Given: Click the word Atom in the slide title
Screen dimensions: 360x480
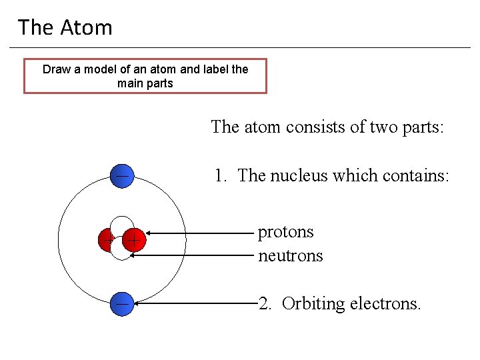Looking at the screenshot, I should tap(87, 27).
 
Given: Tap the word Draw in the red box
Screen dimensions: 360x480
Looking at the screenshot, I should tap(56, 69).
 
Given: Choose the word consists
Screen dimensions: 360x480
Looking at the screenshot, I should tap(311, 127).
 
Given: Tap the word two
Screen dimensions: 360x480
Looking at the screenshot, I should tap(367, 127).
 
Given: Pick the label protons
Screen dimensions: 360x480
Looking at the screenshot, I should tap(285, 232).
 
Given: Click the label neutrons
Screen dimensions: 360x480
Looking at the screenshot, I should tap(290, 255).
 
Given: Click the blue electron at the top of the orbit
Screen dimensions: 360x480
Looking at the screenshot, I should tap(122, 176).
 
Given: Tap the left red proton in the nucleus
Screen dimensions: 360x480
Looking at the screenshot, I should tap(105, 240).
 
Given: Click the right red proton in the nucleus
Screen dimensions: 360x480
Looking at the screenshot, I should tap(134, 239).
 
